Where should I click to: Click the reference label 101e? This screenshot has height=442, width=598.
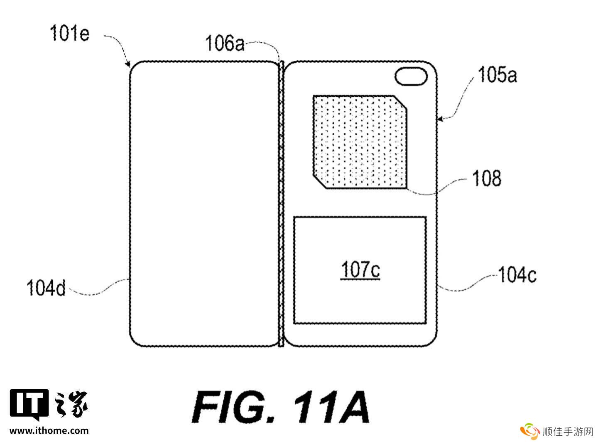(69, 33)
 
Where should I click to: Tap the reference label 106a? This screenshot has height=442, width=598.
(225, 43)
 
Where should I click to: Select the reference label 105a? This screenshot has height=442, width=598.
(498, 75)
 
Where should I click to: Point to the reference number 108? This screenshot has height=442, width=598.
(487, 178)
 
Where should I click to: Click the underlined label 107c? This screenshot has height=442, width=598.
(360, 270)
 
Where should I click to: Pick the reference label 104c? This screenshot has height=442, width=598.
(517, 275)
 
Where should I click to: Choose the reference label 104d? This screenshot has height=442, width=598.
(46, 288)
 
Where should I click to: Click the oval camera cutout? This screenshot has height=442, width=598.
(411, 76)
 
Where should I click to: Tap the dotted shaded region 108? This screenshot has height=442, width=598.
(360, 142)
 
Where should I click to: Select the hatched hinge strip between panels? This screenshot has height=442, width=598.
(281, 204)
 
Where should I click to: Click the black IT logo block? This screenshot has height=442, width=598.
(29, 405)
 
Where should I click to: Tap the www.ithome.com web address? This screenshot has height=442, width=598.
(49, 431)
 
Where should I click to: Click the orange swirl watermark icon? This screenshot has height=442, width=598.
(530, 431)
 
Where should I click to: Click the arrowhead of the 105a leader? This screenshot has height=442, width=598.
(439, 119)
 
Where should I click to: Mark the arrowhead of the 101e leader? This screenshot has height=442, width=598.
(128, 64)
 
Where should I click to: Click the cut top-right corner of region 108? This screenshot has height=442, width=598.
(400, 103)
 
